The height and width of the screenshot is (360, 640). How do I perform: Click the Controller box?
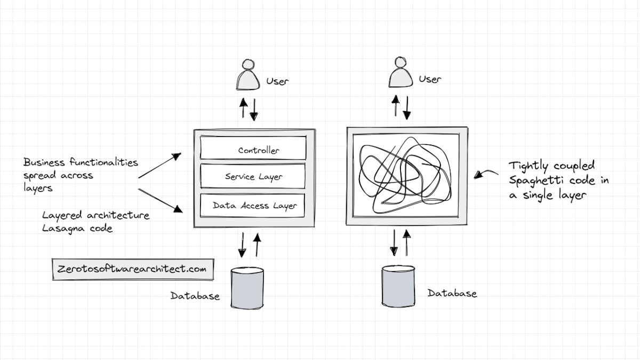(253, 148)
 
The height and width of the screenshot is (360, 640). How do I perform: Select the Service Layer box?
(253, 177)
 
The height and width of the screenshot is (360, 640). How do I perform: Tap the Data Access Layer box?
(253, 205)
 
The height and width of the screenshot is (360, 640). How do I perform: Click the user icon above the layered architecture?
(249, 75)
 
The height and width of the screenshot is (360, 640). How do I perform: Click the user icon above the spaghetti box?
(401, 73)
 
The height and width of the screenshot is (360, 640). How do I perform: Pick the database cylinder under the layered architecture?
(247, 286)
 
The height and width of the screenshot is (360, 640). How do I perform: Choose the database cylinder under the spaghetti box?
(398, 285)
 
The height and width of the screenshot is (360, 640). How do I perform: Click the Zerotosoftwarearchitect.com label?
(133, 269)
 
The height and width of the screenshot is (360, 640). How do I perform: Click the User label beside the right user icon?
(430, 79)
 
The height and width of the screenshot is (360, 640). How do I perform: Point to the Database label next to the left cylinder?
(195, 296)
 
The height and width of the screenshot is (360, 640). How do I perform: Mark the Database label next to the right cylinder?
(452, 293)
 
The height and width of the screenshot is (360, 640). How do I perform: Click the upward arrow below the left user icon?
(243, 108)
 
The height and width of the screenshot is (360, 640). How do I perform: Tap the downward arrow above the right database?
(394, 243)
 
